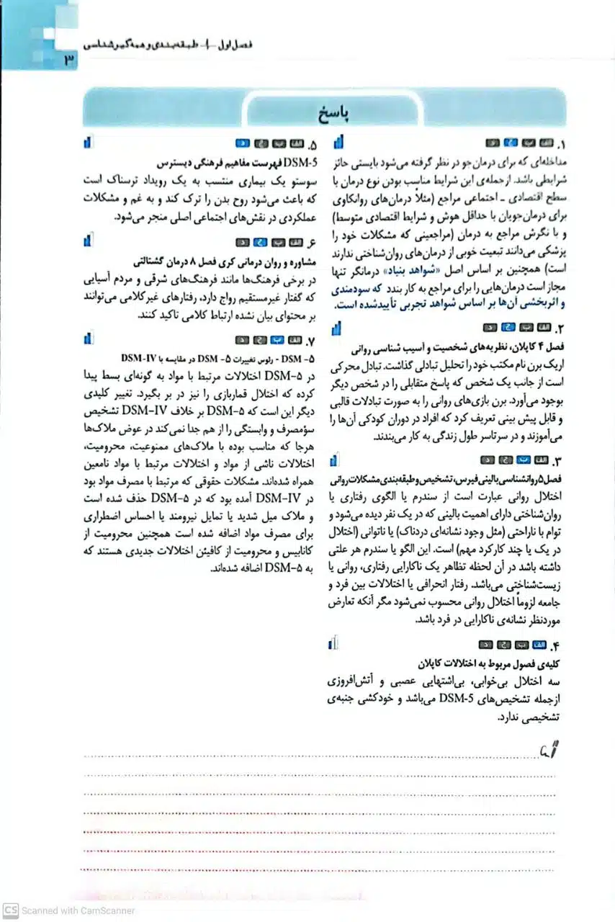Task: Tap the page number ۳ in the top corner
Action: [69, 61]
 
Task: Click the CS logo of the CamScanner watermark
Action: [10, 910]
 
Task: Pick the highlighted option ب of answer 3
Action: [526, 459]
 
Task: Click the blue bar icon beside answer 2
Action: [336, 329]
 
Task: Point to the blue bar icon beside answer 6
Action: [86, 239]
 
